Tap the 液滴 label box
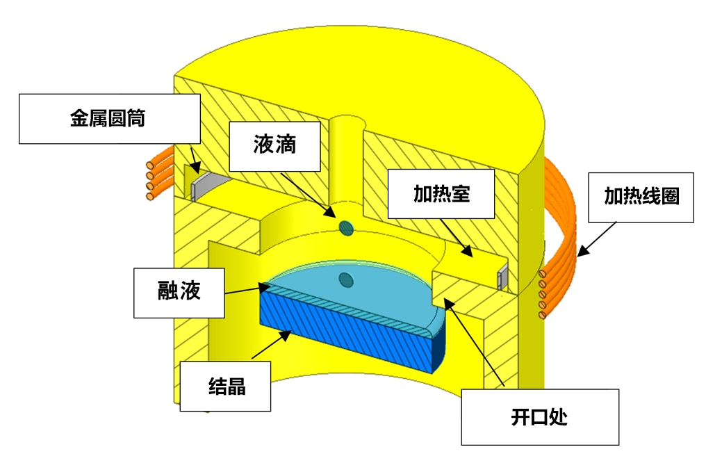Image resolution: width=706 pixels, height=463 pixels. tap(274, 146)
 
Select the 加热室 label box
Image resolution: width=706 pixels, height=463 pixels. tap(441, 194)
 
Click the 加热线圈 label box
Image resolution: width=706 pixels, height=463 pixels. tap(641, 197)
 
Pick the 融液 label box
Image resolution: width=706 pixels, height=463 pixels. tap(179, 292)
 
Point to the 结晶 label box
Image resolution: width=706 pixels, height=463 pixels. tap(225, 386)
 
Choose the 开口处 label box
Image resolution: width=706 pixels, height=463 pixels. tap(539, 417)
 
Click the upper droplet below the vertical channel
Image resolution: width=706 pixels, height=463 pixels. tap(345, 227)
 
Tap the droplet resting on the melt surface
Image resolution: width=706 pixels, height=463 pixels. tap(345, 280)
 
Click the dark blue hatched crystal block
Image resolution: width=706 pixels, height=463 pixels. tap(347, 334)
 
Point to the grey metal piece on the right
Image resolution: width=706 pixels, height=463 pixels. tap(502, 278)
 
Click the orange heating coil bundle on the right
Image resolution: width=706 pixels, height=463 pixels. tap(563, 229)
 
